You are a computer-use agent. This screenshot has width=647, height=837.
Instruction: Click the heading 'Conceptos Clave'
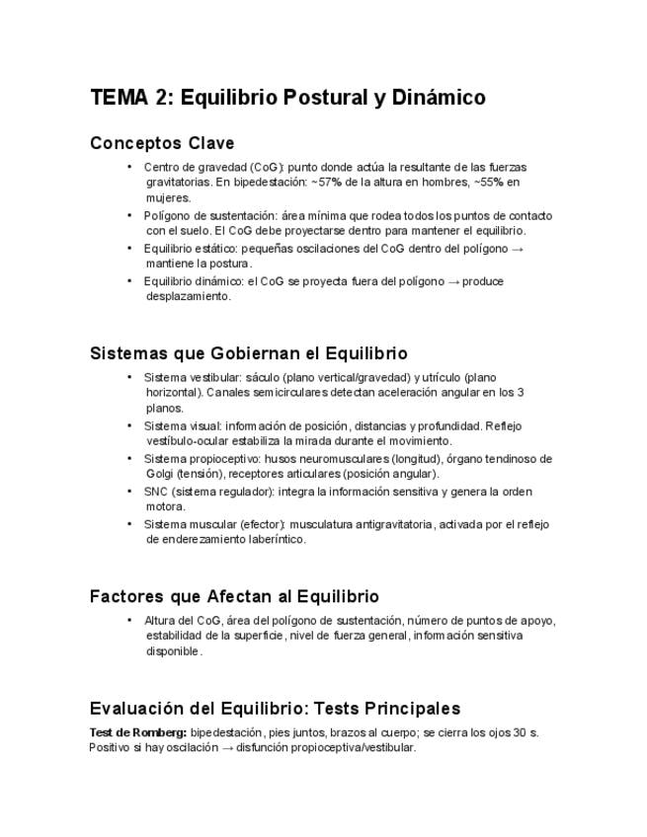coord(162,143)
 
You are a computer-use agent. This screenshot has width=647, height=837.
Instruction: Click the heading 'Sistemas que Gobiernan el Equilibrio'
coord(248,353)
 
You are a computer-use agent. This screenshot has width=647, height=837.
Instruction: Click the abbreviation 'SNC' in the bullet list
coord(156,492)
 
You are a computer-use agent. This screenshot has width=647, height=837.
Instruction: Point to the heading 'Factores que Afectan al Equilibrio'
coord(234,596)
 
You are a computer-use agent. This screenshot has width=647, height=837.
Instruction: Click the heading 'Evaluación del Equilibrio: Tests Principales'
coord(275,709)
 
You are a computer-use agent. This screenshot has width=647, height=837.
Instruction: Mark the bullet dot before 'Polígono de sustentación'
coord(129,214)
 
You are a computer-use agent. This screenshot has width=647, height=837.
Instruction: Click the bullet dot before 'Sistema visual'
coord(129,425)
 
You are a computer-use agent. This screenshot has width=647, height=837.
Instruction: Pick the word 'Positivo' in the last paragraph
coord(110,748)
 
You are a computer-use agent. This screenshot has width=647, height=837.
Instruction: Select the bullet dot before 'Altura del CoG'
coord(129,620)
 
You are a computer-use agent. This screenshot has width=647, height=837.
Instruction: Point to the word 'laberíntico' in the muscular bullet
coord(277,540)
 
